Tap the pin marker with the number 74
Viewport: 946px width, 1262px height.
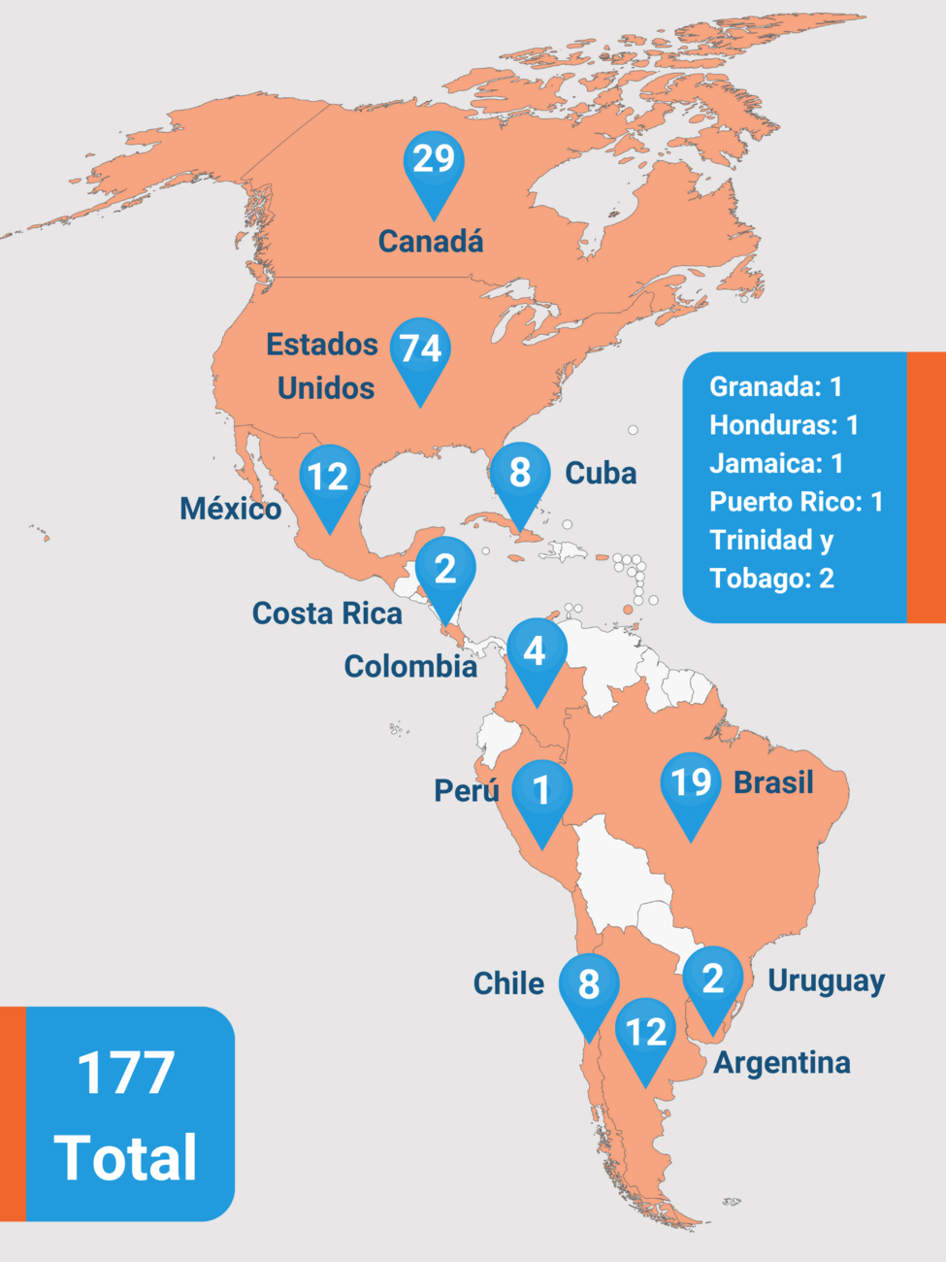(420, 350)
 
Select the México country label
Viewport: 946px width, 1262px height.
(230, 509)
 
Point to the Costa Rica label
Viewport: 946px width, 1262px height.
(327, 614)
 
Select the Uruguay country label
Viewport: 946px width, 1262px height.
(826, 981)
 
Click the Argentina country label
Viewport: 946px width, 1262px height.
(782, 1063)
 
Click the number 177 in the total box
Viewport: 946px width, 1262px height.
(126, 1073)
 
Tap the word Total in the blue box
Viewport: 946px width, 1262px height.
(126, 1157)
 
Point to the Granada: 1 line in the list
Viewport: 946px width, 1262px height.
(775, 387)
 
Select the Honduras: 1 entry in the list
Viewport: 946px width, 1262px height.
(783, 425)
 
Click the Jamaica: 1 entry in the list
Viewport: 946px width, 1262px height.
(775, 463)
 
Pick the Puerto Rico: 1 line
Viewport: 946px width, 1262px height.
(796, 502)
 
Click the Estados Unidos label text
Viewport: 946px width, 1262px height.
(322, 366)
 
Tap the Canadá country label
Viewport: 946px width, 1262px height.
(431, 242)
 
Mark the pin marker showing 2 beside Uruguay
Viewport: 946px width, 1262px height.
(713, 980)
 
